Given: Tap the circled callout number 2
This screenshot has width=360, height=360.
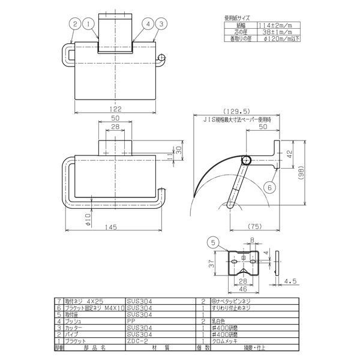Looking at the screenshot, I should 74,24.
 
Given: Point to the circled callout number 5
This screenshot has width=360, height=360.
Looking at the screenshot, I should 213,243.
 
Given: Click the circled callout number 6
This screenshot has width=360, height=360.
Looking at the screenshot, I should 269,188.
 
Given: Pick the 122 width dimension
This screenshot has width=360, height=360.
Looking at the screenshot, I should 116,109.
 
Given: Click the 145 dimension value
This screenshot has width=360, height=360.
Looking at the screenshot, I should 110,227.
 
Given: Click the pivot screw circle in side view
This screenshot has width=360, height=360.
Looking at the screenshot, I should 245,160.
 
